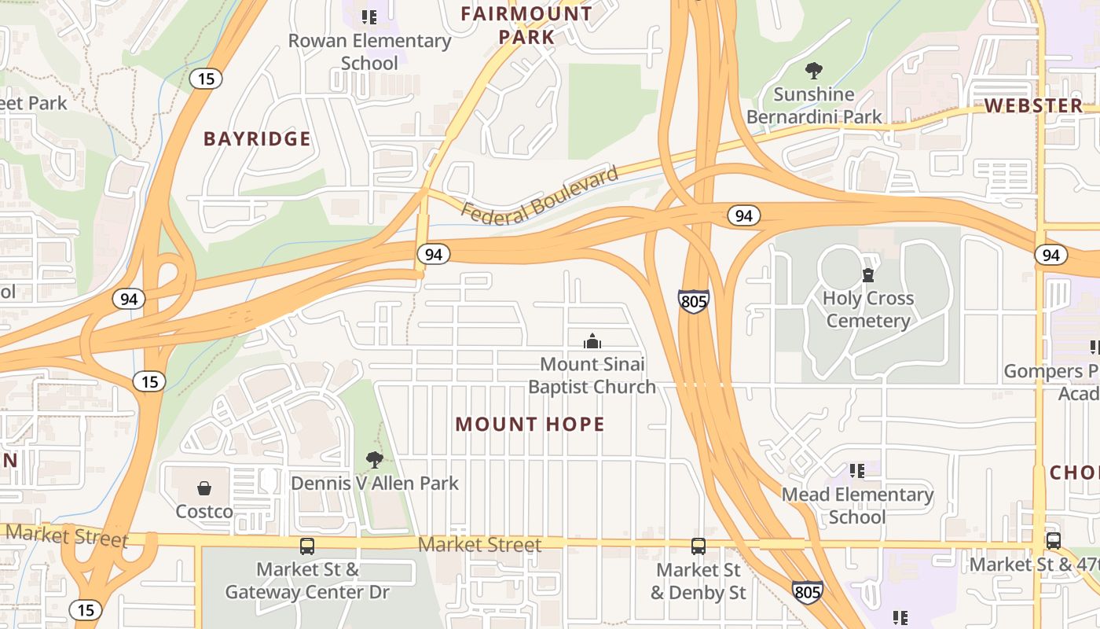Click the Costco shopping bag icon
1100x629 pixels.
(204, 488)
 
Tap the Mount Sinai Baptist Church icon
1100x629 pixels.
(592, 341)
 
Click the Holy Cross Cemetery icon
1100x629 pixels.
(868, 275)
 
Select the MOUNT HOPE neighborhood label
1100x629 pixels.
(530, 425)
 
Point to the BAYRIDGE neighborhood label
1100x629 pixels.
(257, 139)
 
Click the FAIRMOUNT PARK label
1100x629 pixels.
(526, 25)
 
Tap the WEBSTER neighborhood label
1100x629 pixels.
(1033, 105)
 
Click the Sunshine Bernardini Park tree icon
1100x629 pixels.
(814, 71)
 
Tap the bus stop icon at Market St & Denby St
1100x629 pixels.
(698, 546)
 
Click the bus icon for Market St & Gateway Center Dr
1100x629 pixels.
(307, 546)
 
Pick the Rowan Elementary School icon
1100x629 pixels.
(369, 17)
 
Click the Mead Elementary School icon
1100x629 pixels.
(857, 471)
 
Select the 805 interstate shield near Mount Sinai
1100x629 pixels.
(693, 301)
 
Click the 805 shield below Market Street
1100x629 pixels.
(808, 592)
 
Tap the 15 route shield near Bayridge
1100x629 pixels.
(206, 79)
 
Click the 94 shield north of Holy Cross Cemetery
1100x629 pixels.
(743, 215)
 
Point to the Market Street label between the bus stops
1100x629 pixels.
(479, 545)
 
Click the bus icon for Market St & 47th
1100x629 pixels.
(1054, 541)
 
